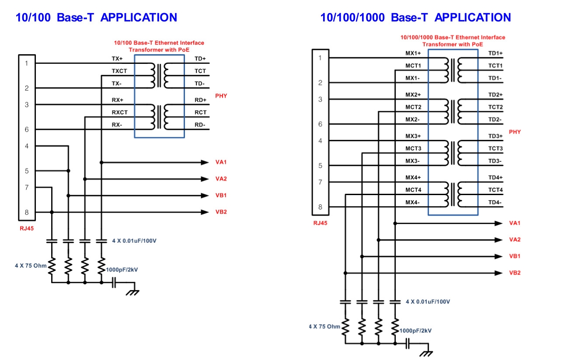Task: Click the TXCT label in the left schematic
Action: (119, 71)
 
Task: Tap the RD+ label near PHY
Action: (200, 100)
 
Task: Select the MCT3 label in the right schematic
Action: (413, 149)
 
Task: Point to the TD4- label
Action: (495, 203)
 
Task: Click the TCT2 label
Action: (495, 107)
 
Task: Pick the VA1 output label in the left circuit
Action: (221, 162)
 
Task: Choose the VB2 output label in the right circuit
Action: (515, 273)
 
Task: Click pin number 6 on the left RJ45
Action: (27, 129)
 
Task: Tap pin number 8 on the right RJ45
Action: (320, 207)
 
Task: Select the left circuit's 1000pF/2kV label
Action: (122, 270)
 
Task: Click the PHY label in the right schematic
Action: (515, 132)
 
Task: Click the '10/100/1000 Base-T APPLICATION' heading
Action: (415, 17)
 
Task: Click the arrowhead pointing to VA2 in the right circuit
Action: (499, 240)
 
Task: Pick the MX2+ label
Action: (413, 94)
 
